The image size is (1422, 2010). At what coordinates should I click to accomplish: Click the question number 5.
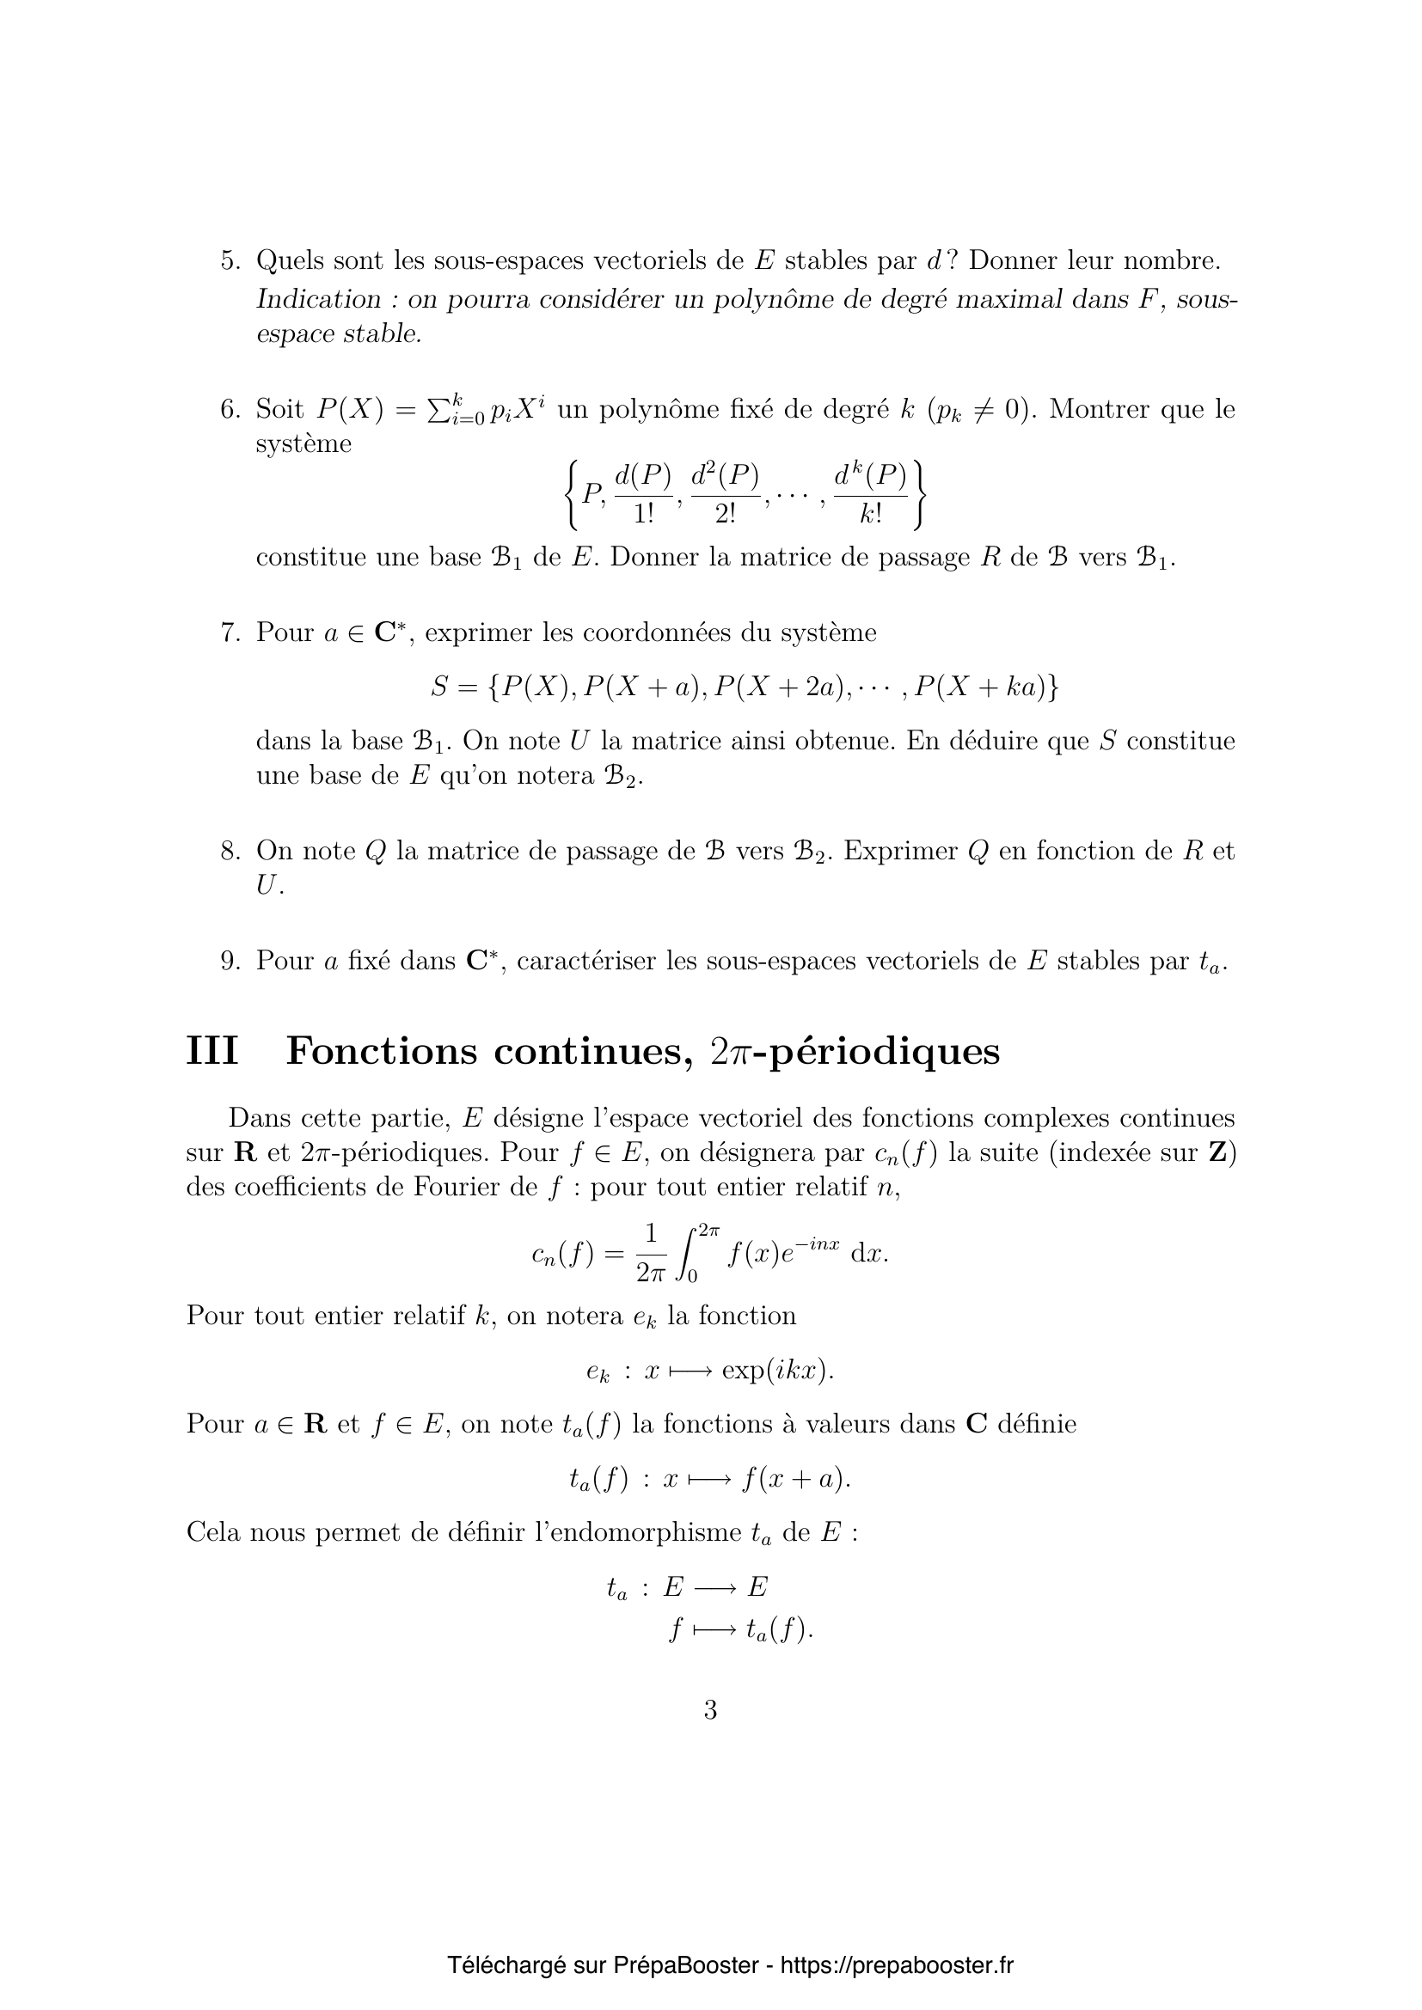click(x=230, y=261)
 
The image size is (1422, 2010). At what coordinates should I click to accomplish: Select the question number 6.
click(x=230, y=410)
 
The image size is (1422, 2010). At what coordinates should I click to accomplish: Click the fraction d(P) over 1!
click(x=643, y=495)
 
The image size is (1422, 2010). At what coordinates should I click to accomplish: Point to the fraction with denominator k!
click(x=870, y=495)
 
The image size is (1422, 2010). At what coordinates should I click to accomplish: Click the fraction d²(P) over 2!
click(x=725, y=495)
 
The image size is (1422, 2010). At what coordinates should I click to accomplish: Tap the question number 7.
click(x=230, y=633)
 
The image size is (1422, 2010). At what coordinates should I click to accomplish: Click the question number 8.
click(x=230, y=851)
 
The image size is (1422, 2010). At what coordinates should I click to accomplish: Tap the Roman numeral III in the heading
click(x=211, y=1051)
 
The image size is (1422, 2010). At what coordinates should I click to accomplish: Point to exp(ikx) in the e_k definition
click(x=775, y=1371)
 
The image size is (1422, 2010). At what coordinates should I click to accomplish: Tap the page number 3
click(x=710, y=1710)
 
